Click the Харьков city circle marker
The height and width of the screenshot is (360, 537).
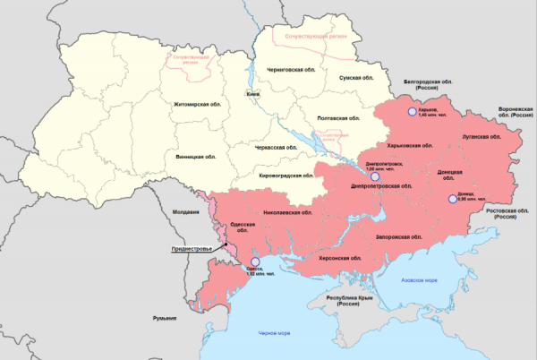(413, 112)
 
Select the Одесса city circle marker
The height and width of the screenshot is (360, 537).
(242, 263)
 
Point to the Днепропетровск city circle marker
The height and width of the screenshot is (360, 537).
(375, 176)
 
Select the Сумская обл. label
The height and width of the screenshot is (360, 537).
(361, 78)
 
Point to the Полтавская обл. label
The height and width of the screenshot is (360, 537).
(339, 118)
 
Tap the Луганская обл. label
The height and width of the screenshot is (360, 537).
(481, 137)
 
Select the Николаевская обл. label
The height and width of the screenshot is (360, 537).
(288, 213)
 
